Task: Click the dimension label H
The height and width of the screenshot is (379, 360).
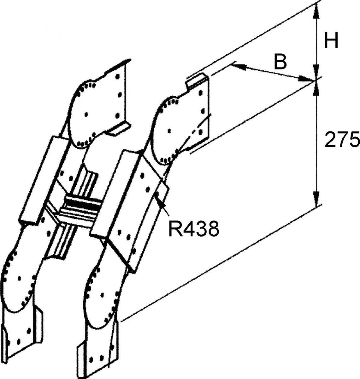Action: [x=331, y=41]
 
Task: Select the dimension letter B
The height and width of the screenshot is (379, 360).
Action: [x=280, y=62]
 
